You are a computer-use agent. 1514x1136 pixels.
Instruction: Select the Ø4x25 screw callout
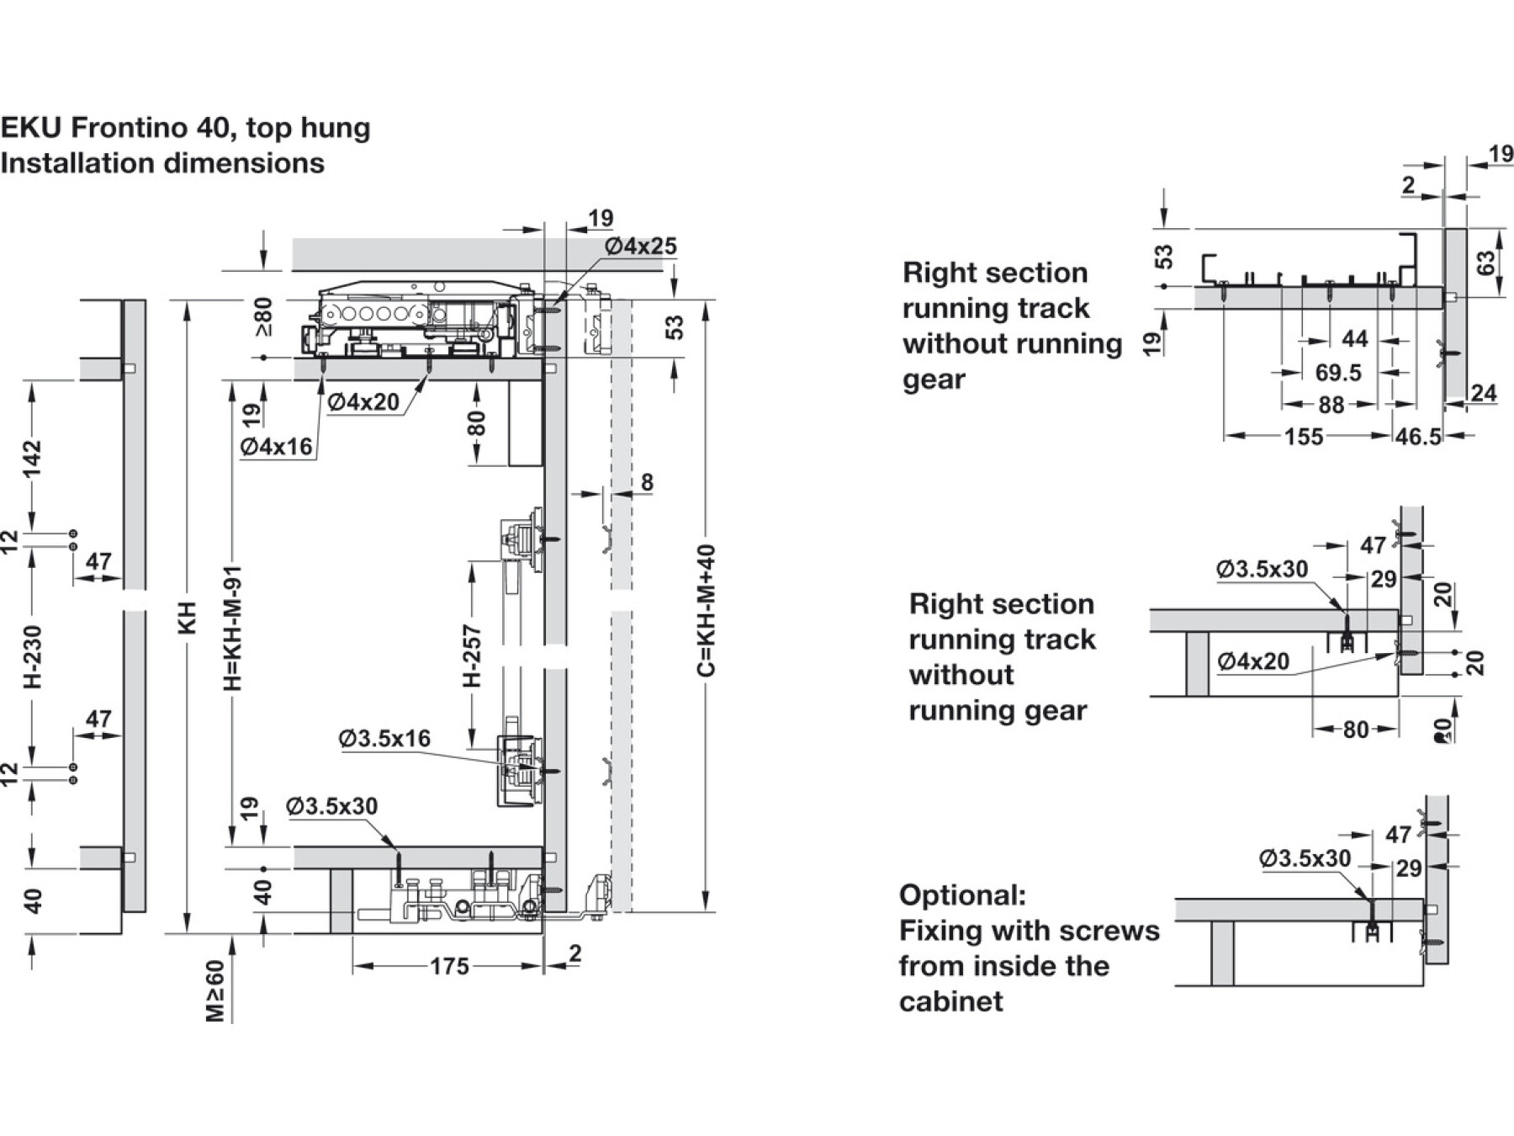pos(640,247)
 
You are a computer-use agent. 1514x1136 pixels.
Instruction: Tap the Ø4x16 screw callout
pos(276,447)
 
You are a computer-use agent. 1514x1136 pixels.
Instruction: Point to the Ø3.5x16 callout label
pos(384,739)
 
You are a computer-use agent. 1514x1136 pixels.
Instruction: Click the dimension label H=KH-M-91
pos(233,628)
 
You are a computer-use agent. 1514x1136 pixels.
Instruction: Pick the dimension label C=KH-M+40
pos(707,610)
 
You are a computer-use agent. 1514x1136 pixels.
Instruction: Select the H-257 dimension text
pos(473,656)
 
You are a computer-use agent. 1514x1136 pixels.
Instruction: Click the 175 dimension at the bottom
pos(449,966)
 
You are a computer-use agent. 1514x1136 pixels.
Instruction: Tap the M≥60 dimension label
pos(216,991)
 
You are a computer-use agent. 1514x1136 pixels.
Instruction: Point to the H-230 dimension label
pos(33,656)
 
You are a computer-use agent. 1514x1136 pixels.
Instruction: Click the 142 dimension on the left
pos(33,459)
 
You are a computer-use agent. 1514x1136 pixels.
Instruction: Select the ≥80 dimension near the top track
pos(264,316)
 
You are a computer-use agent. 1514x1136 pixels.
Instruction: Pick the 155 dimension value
pos(1303,437)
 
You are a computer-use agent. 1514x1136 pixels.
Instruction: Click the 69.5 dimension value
pos(1337,372)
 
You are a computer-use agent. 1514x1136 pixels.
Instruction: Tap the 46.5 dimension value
pos(1418,437)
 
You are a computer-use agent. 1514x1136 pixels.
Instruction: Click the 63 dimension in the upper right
pos(1486,263)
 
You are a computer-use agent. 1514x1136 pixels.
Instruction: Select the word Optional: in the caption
pos(962,895)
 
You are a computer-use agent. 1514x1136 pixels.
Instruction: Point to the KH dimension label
pos(188,618)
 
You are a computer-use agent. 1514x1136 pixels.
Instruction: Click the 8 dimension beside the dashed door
pos(647,482)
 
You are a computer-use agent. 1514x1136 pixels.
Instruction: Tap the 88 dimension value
pos(1331,405)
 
